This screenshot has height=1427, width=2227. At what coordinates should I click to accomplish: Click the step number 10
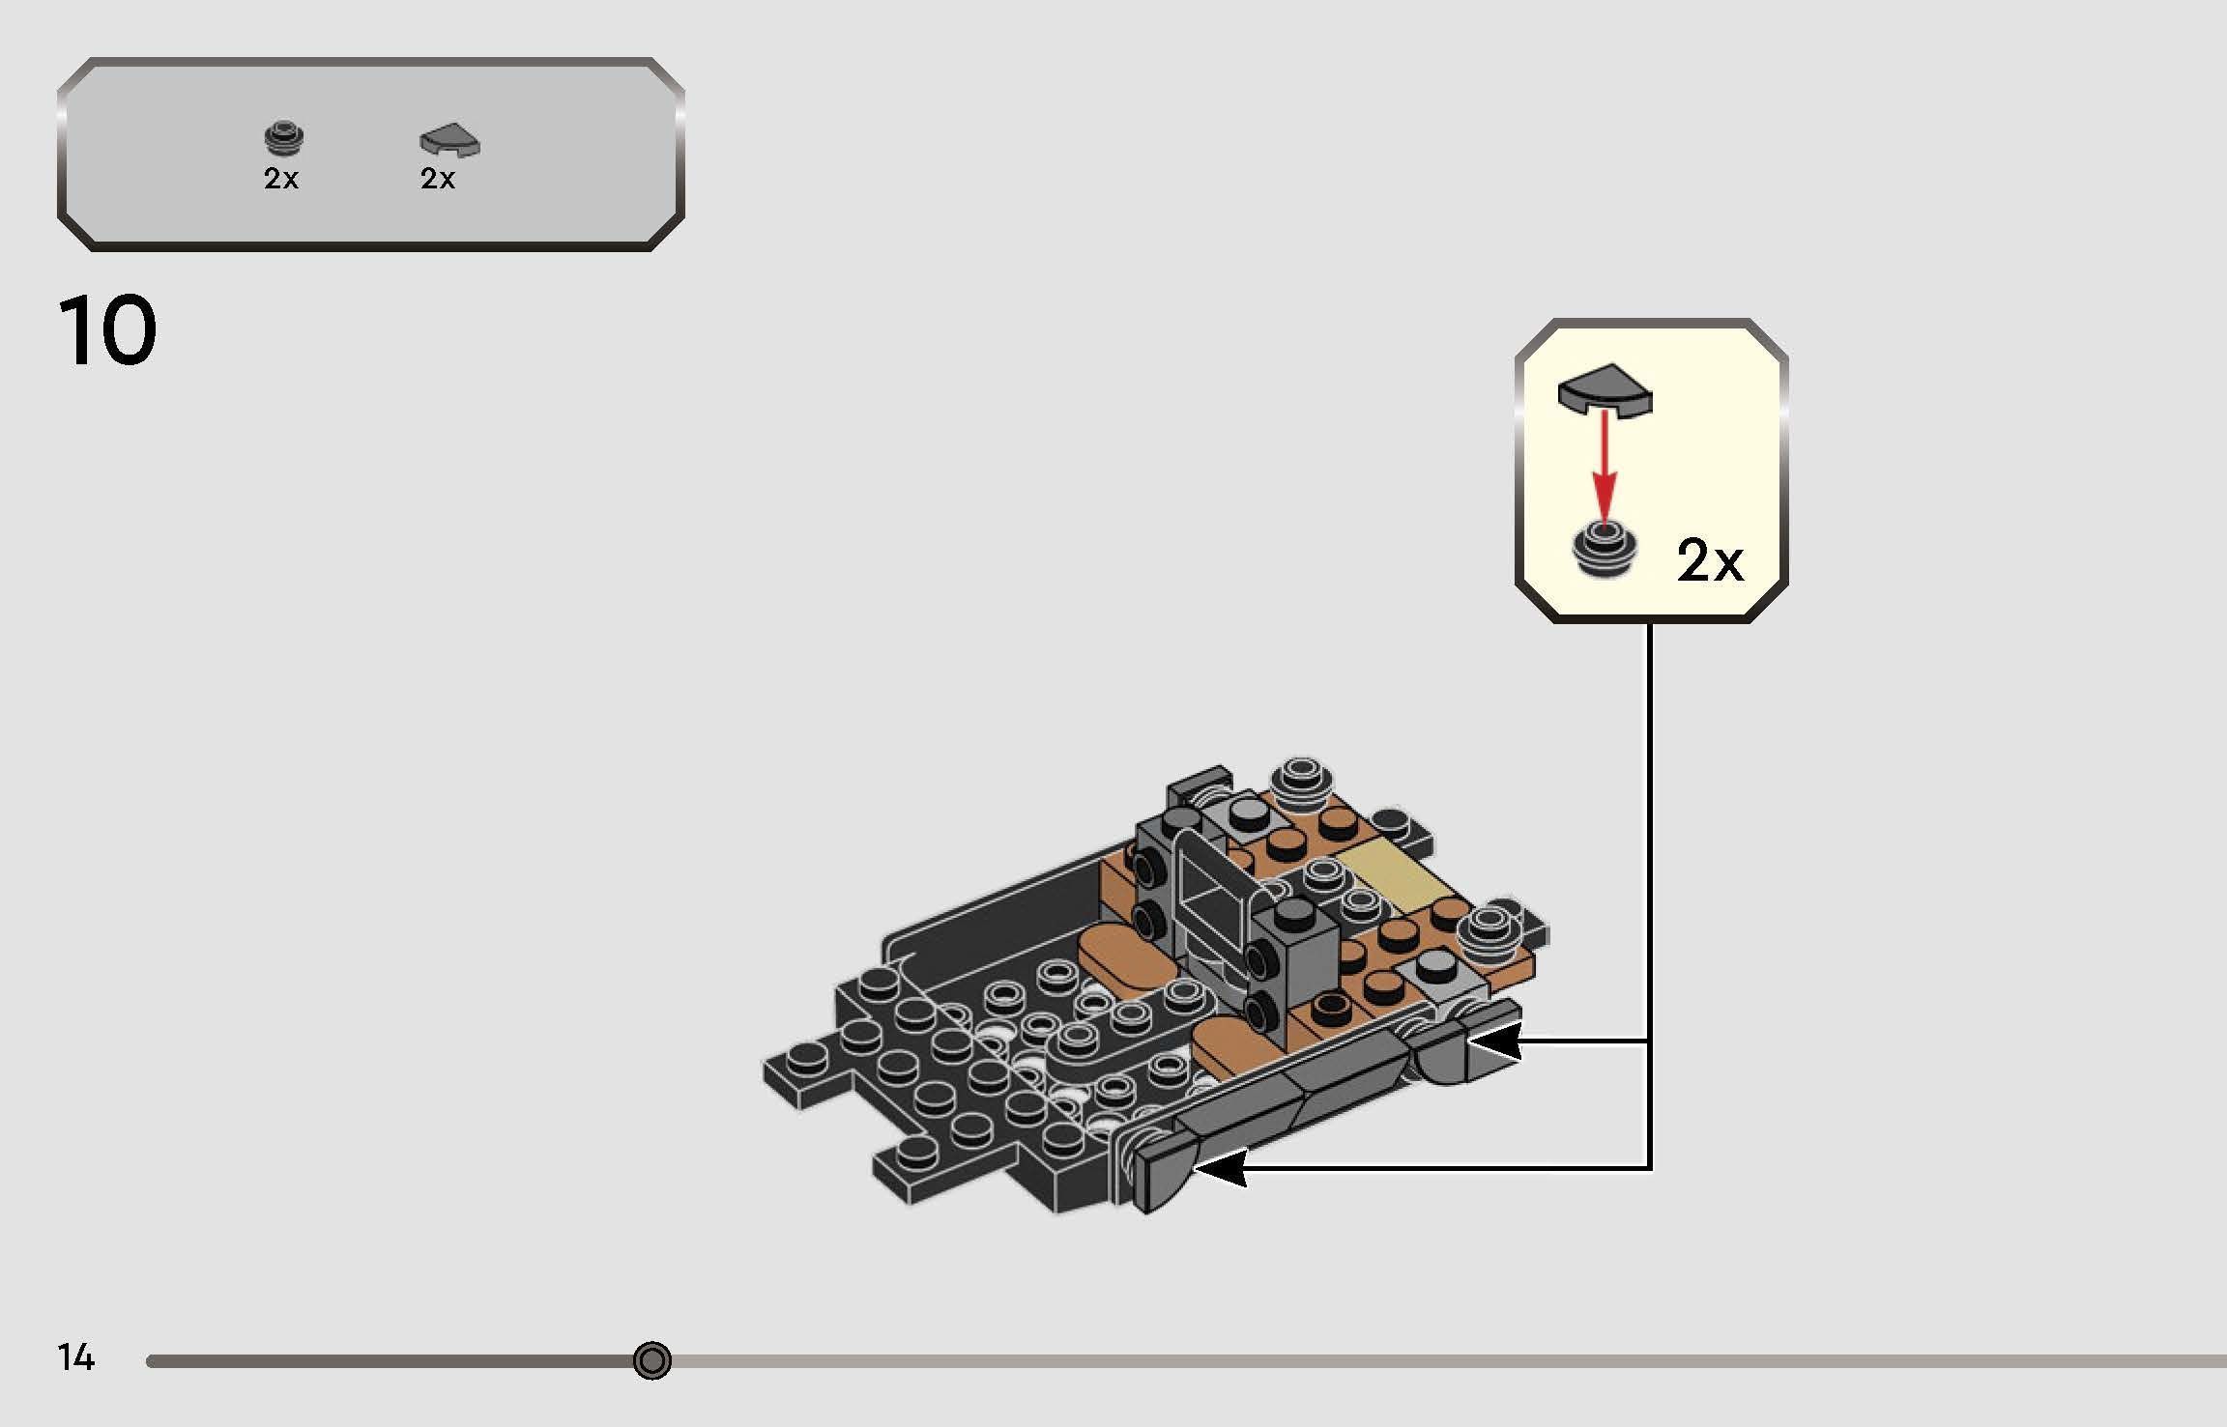(107, 331)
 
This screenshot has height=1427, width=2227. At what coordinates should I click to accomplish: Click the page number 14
(75, 1357)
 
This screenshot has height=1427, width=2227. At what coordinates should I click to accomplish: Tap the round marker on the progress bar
(651, 1360)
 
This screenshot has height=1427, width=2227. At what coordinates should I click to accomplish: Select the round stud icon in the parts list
(284, 139)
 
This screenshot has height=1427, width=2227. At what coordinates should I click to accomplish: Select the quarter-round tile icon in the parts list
(449, 141)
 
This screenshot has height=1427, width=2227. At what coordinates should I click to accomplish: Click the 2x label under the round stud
(281, 179)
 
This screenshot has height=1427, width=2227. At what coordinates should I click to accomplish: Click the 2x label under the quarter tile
(438, 179)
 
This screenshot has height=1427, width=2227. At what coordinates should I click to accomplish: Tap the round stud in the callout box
(1605, 549)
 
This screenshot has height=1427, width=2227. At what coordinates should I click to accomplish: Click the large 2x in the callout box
(1709, 560)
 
